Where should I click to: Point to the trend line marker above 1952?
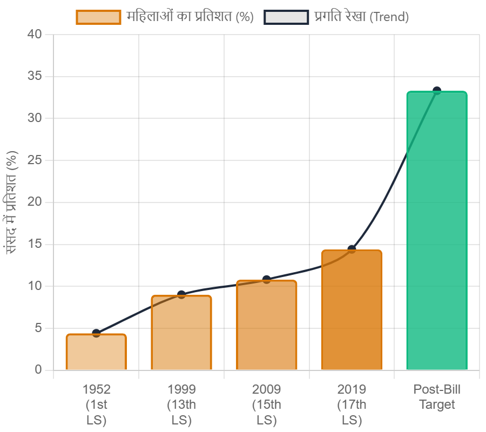point(96,333)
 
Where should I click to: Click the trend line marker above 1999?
point(181,294)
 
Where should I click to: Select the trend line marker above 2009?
point(267,279)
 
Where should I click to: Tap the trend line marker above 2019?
point(352,249)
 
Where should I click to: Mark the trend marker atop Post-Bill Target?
point(437,90)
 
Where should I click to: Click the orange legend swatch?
point(98,17)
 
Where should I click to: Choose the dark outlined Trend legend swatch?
point(286,17)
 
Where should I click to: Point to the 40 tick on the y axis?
point(35,34)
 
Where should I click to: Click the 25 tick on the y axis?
point(35,160)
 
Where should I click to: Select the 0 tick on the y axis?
point(38,370)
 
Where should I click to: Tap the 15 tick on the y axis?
point(35,244)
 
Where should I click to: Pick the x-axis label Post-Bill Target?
point(437,397)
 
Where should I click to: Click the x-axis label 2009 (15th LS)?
point(267,404)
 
